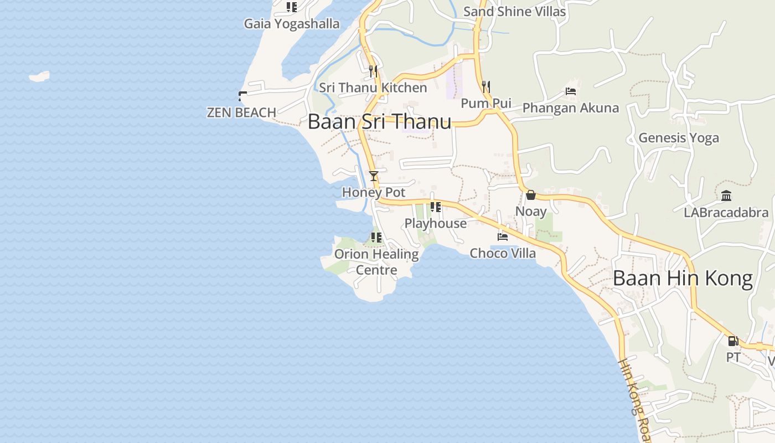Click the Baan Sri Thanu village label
click(379, 122)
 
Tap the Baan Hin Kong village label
click(683, 278)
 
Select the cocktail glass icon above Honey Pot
click(374, 176)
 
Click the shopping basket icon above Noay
click(531, 195)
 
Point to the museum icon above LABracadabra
click(726, 196)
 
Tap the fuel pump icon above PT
click(733, 341)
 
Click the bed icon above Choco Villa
click(503, 237)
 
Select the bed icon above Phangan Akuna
click(571, 91)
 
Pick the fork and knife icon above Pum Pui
click(486, 87)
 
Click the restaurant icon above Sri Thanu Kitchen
click(373, 71)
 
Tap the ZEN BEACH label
click(241, 112)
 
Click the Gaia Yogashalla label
click(292, 24)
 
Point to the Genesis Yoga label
click(679, 138)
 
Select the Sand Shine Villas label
click(514, 12)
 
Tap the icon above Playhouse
click(436, 207)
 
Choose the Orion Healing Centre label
click(376, 262)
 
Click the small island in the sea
click(39, 76)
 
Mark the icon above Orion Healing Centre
click(376, 238)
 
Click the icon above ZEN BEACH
click(242, 96)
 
